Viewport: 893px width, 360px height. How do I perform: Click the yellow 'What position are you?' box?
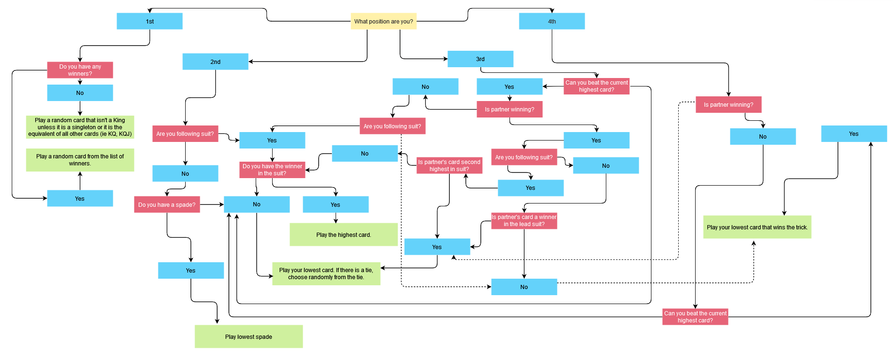pyautogui.click(x=384, y=22)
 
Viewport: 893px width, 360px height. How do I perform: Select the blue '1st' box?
pyautogui.click(x=149, y=22)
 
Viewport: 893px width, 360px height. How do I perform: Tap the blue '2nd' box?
pyautogui.click(x=215, y=62)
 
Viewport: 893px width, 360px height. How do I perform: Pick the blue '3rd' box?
pyautogui.click(x=480, y=59)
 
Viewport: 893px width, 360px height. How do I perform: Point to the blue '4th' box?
pyautogui.click(x=552, y=22)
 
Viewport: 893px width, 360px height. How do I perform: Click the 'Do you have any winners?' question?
pyautogui.click(x=80, y=70)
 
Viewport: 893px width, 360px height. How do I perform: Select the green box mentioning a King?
pyautogui.click(x=80, y=127)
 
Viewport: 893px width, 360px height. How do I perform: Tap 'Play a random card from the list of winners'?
pyautogui.click(x=80, y=160)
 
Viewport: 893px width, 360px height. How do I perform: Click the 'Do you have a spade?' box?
pyautogui.click(x=167, y=205)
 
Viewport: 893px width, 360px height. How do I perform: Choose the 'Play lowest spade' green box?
pyautogui.click(x=249, y=337)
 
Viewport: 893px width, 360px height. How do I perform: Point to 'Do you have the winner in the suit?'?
pyautogui.click(x=272, y=170)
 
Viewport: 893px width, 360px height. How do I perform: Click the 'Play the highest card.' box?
pyautogui.click(x=344, y=235)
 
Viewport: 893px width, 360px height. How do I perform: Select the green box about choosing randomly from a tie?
pyautogui.click(x=326, y=274)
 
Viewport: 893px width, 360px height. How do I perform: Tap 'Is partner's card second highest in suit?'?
pyautogui.click(x=449, y=166)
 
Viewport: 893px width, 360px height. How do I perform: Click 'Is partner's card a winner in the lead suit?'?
pyautogui.click(x=524, y=221)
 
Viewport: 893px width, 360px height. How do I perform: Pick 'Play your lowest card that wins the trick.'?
pyautogui.click(x=757, y=227)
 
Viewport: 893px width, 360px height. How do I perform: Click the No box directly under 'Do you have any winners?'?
pyautogui.click(x=80, y=93)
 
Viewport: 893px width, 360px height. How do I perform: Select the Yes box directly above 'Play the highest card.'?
pyautogui.click(x=336, y=205)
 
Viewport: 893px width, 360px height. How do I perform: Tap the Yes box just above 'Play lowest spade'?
pyautogui.click(x=191, y=271)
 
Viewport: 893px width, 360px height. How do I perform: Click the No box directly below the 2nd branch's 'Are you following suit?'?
pyautogui.click(x=185, y=174)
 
